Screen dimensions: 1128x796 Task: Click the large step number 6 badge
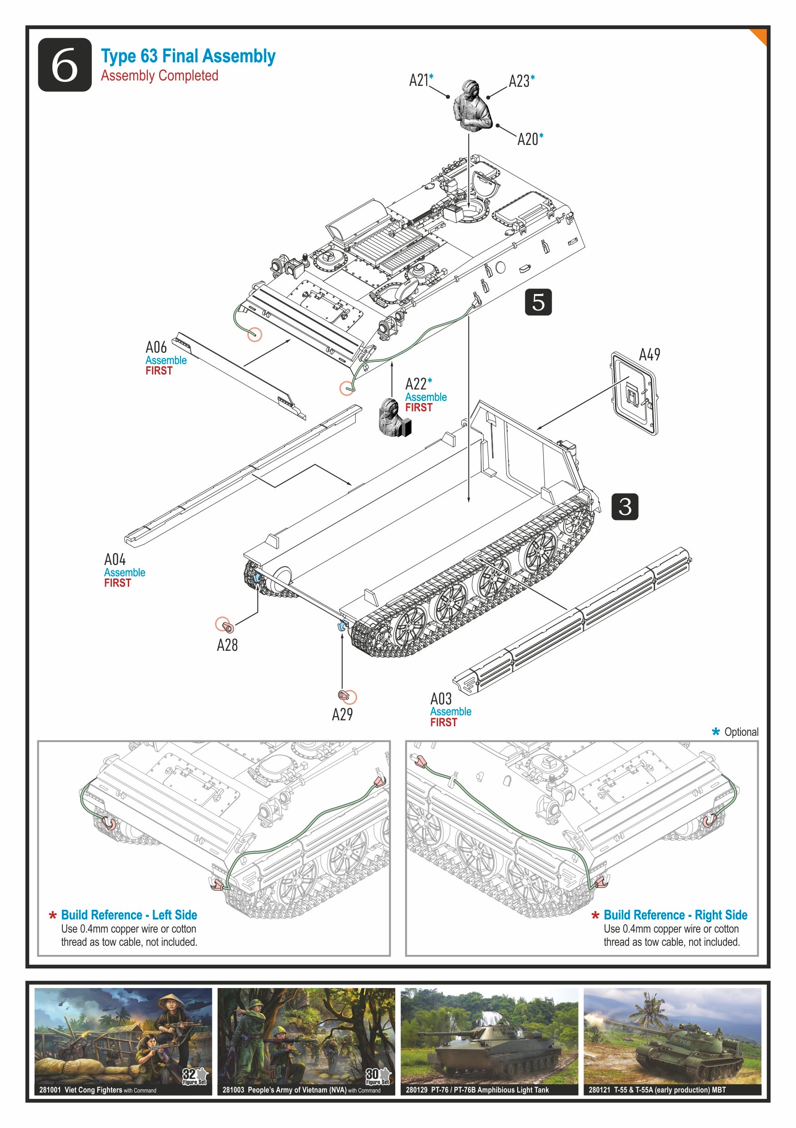[x=65, y=65]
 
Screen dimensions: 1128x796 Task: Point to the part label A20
[x=528, y=140]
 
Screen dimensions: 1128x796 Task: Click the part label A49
[x=649, y=354]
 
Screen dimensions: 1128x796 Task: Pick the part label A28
[x=227, y=645]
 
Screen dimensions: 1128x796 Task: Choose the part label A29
[x=342, y=714]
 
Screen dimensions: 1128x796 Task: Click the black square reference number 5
[x=538, y=302]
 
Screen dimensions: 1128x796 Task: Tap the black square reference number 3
[x=625, y=507]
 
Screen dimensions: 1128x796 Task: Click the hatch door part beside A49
[x=634, y=394]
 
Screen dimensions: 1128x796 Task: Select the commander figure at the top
[x=472, y=106]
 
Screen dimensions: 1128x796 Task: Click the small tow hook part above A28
[x=226, y=626]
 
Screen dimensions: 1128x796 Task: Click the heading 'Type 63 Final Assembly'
[x=188, y=56]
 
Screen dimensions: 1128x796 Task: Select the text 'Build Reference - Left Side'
[x=129, y=915]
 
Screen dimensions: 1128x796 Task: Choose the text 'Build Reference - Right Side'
[x=675, y=915]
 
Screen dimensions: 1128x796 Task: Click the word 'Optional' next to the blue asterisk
[x=741, y=732]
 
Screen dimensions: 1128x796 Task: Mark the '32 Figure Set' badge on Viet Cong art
[x=195, y=1076]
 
